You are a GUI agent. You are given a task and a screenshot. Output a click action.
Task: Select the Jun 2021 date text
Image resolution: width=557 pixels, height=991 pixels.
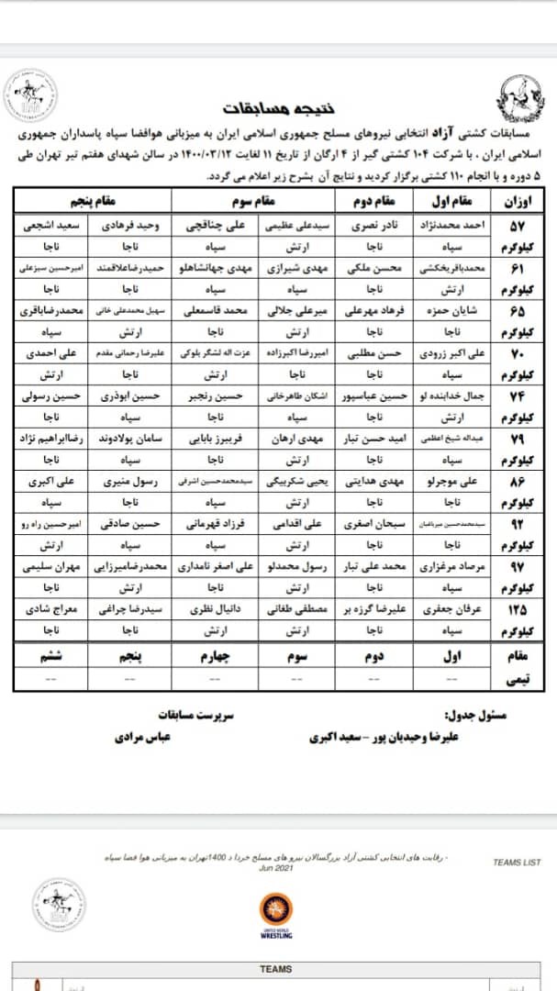click(x=276, y=868)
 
